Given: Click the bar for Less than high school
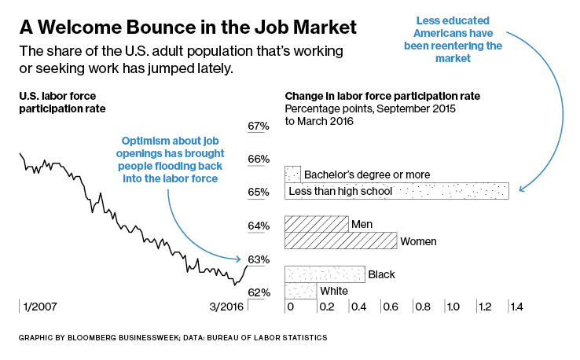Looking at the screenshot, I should (397, 191).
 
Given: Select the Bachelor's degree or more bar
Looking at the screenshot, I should (292, 174).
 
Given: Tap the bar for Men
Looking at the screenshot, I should (316, 224).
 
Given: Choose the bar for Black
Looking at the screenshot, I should (325, 274).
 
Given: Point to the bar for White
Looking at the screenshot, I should (300, 291).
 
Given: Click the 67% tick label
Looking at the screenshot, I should (259, 126).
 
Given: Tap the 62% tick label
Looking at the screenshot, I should (259, 292).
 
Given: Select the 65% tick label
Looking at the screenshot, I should (259, 192).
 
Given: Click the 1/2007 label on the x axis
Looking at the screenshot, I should (40, 306).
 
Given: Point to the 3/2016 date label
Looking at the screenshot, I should (226, 306).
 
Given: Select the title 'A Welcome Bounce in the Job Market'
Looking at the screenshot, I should (188, 28).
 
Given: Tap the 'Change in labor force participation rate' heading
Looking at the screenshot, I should (382, 96).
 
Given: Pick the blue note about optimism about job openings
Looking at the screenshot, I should (170, 156).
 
